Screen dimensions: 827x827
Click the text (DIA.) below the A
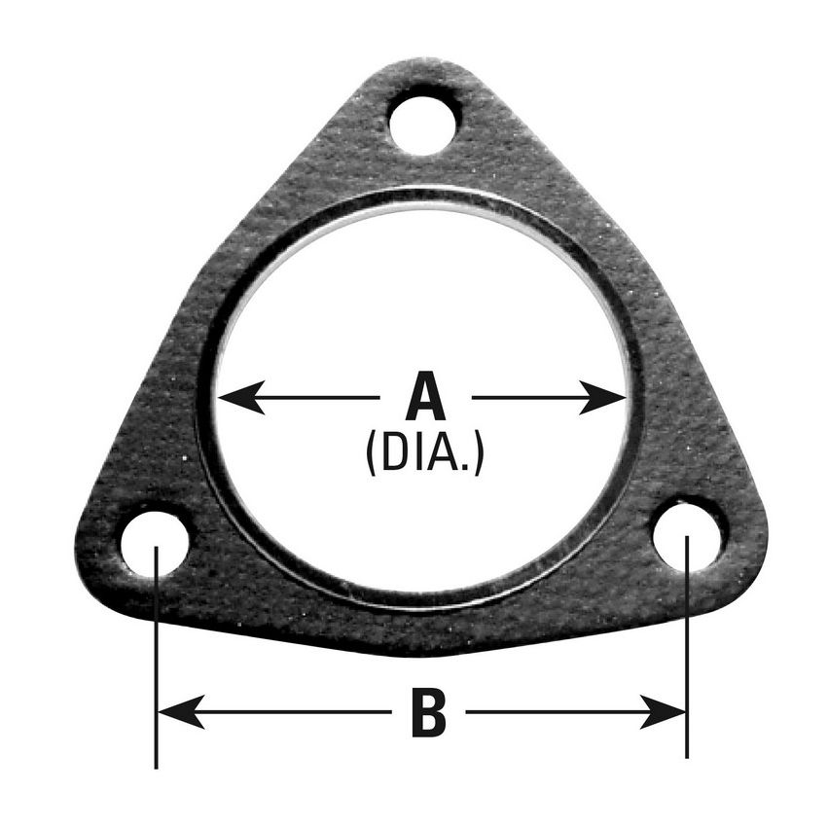(424, 453)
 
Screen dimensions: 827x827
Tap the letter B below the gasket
(428, 713)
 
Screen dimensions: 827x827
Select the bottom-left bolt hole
(155, 543)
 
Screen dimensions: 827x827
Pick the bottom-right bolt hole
(689, 534)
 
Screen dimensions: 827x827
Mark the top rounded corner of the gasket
(423, 66)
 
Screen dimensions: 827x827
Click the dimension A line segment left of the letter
(311, 397)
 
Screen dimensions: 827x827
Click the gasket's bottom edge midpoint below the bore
(424, 649)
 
